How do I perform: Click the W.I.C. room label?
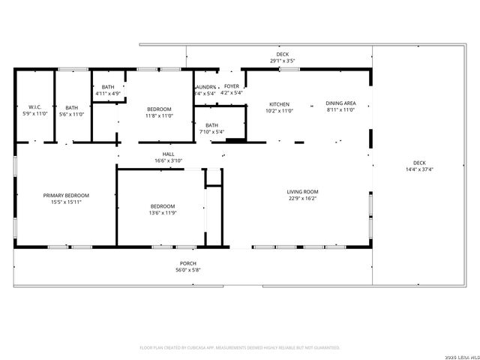[x=34, y=107]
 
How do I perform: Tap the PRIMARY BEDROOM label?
[x=66, y=195]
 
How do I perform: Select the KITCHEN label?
[x=279, y=104]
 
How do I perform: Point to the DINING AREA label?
[x=340, y=104]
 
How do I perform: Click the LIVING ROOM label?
[x=302, y=192]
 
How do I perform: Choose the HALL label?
[x=169, y=154]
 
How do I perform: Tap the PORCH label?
[x=187, y=263]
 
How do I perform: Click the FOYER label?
[x=232, y=86]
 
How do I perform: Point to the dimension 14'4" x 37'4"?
[x=418, y=169]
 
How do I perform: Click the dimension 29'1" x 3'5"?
[x=282, y=61]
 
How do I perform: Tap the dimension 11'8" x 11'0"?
[x=159, y=116]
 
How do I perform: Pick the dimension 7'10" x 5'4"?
[x=212, y=132]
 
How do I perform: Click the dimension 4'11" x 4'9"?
[x=108, y=94]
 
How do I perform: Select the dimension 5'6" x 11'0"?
[x=71, y=114]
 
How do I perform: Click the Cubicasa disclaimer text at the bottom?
[x=240, y=348]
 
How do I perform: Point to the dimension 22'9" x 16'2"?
[x=302, y=199]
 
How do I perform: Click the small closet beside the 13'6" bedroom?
[x=214, y=176]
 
